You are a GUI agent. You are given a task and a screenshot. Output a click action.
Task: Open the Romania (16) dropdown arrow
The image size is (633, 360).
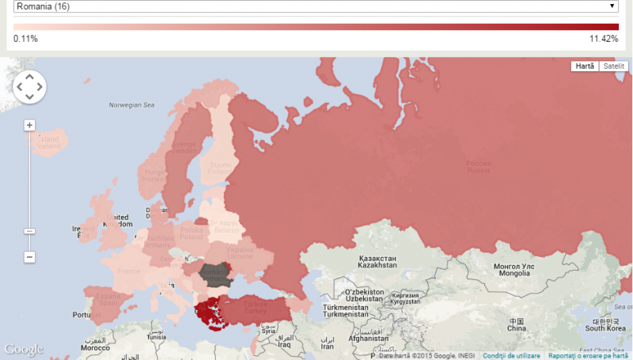pos(612,6)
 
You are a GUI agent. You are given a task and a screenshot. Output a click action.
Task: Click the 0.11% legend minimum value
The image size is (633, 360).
pos(25,39)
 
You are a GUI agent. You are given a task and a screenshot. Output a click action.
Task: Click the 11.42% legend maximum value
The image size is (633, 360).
pos(604,39)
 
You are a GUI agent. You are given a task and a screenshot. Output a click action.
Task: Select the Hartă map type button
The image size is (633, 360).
pos(585,66)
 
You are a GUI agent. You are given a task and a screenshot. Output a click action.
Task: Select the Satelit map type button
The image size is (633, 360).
pos(613,66)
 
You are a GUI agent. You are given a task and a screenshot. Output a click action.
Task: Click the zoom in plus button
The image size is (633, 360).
pos(29,125)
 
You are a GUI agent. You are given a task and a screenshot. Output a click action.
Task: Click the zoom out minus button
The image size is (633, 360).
pos(29,257)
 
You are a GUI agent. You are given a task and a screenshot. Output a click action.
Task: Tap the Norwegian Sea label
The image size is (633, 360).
pos(132,104)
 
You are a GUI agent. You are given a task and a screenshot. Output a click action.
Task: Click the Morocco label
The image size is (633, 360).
pos(94,348)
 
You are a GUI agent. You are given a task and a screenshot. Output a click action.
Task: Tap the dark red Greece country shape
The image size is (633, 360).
pos(208,314)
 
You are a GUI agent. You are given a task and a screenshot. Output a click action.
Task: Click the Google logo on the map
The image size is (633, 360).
pos(24,349)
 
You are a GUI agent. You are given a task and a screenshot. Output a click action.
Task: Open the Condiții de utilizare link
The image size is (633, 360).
pos(511,356)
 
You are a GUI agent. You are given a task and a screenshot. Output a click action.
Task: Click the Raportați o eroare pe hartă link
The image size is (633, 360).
pos(588,356)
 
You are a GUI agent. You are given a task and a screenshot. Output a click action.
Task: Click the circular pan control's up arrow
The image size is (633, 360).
pos(29,77)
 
